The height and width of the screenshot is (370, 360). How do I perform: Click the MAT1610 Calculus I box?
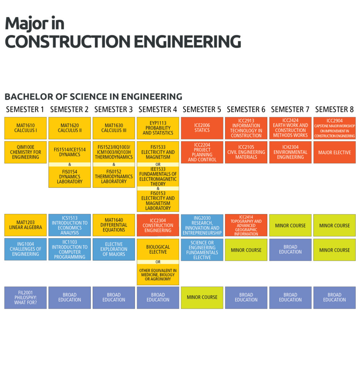click(x=26, y=128)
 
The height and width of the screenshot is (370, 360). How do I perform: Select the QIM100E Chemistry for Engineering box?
click(x=26, y=152)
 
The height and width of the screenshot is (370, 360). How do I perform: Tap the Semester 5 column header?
click(x=202, y=109)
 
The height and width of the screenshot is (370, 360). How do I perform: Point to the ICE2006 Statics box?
click(x=202, y=128)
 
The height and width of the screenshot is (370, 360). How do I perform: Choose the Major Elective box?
click(x=334, y=152)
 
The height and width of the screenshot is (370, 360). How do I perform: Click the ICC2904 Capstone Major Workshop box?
click(x=334, y=128)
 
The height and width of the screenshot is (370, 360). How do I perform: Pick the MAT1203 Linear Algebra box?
click(x=26, y=225)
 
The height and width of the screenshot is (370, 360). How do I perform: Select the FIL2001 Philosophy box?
click(x=26, y=298)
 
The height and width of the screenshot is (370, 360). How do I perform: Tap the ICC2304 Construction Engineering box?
click(x=158, y=225)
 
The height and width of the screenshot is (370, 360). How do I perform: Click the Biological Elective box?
click(x=158, y=249)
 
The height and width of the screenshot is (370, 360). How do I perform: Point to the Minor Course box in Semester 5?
click(x=202, y=298)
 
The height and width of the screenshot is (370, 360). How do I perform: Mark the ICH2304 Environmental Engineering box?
click(x=290, y=152)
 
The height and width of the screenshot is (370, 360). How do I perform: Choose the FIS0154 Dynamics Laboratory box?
click(x=70, y=177)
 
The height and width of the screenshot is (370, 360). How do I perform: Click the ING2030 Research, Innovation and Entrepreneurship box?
click(x=202, y=225)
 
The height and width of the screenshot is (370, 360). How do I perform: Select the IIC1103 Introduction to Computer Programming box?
click(x=70, y=249)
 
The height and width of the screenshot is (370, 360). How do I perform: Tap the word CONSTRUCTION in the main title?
click(x=68, y=42)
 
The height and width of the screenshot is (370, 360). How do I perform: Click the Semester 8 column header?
click(x=334, y=109)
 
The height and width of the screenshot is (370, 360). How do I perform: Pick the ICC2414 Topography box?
click(x=246, y=225)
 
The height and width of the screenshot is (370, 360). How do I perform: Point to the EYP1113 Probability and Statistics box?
click(x=158, y=128)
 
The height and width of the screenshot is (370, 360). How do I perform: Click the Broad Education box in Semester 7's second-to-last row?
click(x=290, y=249)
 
